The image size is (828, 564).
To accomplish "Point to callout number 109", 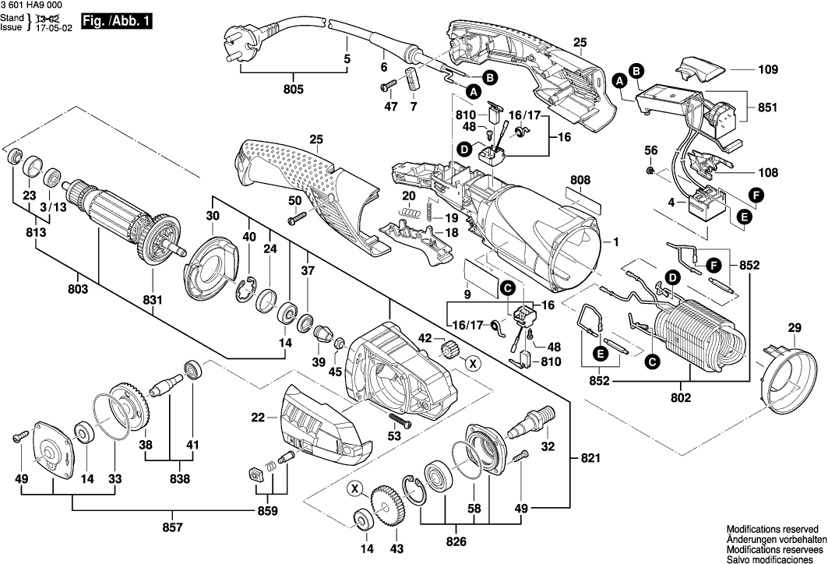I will pos(768,70).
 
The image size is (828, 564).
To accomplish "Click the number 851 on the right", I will pos(768,108).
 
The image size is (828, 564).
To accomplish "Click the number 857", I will pos(172,528).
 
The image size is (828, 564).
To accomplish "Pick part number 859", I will pos(267,511).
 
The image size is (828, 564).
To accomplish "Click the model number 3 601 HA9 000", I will pos(31,5).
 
